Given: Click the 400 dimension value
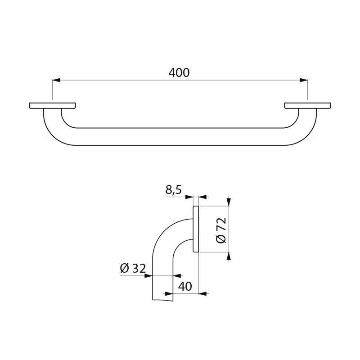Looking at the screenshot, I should [180, 72].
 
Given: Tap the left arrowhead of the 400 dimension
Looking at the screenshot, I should [56, 81].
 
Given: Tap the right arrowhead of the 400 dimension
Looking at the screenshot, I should [304, 81].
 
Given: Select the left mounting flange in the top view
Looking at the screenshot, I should [52, 106].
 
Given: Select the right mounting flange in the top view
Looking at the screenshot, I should [307, 106].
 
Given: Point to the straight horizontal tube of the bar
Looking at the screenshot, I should [180, 136].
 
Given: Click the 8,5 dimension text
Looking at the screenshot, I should [173, 190].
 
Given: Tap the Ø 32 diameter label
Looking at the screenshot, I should [133, 269].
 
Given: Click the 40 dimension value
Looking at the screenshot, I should [185, 286].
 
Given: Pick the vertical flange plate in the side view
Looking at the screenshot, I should [196, 229].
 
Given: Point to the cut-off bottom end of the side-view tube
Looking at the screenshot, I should [162, 299].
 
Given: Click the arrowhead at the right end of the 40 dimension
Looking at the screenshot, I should [203, 293].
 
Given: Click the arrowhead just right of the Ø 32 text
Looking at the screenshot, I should [149, 275].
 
